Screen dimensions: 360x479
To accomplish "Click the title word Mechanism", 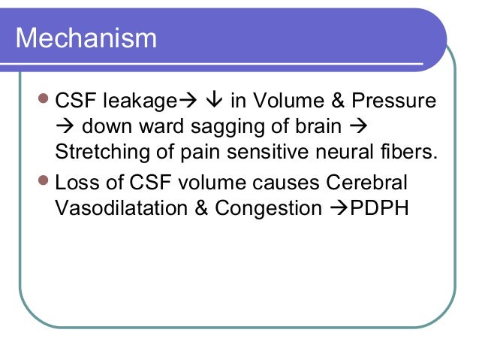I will point(86,38).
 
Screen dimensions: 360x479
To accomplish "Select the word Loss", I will point(78,183).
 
